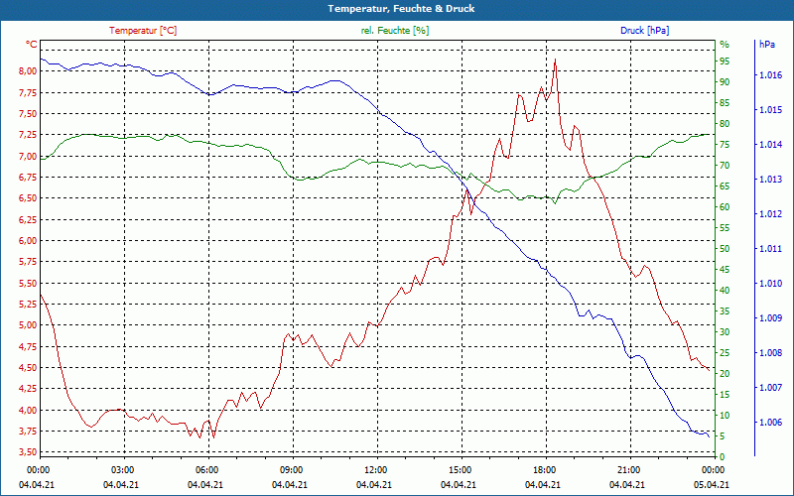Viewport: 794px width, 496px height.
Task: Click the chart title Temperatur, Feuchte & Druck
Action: pyautogui.click(x=397, y=9)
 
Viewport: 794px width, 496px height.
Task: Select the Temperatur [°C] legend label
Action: pyautogui.click(x=143, y=31)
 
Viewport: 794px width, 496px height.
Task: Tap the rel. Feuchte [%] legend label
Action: pyautogui.click(x=395, y=31)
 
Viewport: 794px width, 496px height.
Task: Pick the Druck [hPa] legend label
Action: pyautogui.click(x=644, y=31)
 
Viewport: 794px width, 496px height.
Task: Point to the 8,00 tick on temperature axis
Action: pyautogui.click(x=26, y=71)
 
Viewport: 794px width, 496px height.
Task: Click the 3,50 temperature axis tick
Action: pyautogui.click(x=26, y=452)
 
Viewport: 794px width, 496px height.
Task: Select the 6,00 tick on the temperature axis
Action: pyautogui.click(x=26, y=241)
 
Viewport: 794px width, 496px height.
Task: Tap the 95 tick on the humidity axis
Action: pyautogui.click(x=725, y=61)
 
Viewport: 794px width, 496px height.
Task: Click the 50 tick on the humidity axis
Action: pyautogui.click(x=725, y=249)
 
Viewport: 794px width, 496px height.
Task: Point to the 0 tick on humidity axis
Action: pyautogui.click(x=723, y=457)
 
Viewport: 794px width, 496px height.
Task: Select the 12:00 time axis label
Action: pyautogui.click(x=376, y=469)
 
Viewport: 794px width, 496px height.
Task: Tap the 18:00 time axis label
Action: pyautogui.click(x=544, y=469)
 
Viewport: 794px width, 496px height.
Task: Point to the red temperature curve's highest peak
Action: pyautogui.click(x=555, y=61)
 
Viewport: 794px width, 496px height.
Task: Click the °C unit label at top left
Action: pyautogui.click(x=32, y=45)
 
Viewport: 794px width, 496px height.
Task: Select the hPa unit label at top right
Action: pyautogui.click(x=766, y=45)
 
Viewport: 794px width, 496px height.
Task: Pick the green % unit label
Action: pyautogui.click(x=724, y=45)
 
